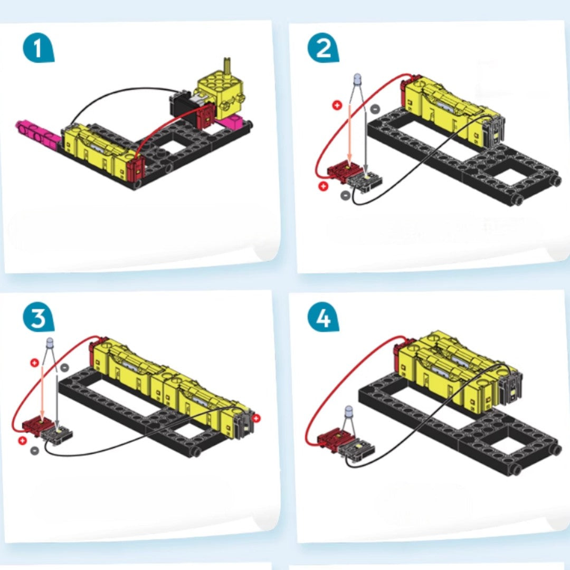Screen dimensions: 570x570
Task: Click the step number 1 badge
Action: click(x=38, y=49)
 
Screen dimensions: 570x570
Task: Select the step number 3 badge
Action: click(x=38, y=318)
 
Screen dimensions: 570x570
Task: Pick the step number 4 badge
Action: click(x=323, y=318)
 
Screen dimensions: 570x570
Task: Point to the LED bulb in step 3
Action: click(x=50, y=343)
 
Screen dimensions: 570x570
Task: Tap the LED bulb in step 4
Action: click(x=349, y=411)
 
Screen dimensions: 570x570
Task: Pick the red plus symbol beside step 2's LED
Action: click(x=337, y=106)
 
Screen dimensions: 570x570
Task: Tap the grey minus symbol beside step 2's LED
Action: click(x=375, y=109)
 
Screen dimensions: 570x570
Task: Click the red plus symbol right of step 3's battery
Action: click(x=256, y=418)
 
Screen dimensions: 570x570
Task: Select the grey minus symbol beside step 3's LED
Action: click(x=64, y=367)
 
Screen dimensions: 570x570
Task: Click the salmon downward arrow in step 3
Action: click(x=43, y=393)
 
